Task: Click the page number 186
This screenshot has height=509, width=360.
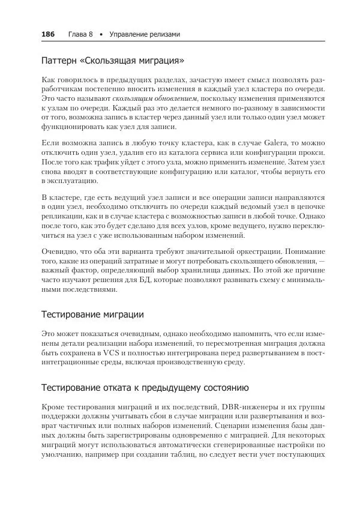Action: pos(47,34)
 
